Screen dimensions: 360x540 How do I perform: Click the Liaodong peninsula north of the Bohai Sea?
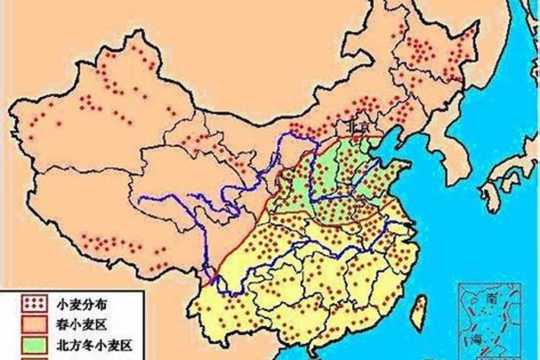coord(408,140)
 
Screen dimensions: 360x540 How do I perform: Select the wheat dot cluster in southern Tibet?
coord(115,245)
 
